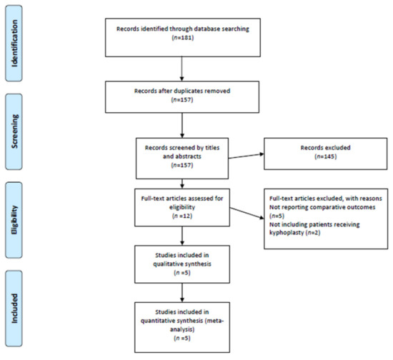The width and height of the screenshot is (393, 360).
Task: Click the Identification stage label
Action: pyautogui.click(x=14, y=43)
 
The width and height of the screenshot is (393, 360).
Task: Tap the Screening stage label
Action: pyautogui.click(x=14, y=131)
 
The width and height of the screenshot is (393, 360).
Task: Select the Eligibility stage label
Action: pyautogui.click(x=14, y=220)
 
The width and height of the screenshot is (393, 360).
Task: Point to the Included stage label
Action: pyautogui.click(x=14, y=309)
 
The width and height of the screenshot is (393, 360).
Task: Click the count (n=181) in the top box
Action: pyautogui.click(x=183, y=38)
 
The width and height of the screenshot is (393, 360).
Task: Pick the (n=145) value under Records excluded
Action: pyautogui.click(x=325, y=156)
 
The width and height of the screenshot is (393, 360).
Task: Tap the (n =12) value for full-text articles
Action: pyautogui.click(x=182, y=216)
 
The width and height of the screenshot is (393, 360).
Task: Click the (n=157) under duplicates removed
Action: pyautogui.click(x=182, y=100)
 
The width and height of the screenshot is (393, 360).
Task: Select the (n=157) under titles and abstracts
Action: pyautogui.click(x=182, y=165)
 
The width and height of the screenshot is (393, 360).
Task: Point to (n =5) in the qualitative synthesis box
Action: pyautogui.click(x=182, y=273)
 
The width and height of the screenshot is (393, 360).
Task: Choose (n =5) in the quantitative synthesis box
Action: pyautogui.click(x=182, y=338)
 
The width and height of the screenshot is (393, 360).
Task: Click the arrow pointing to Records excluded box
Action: pyautogui.click(x=246, y=156)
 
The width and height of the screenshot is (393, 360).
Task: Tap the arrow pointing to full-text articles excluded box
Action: pyautogui.click(x=247, y=213)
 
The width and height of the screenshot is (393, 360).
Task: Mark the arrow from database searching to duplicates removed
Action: pyautogui.click(x=182, y=69)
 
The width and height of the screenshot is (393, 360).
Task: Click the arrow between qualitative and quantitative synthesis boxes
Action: pyautogui.click(x=182, y=293)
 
